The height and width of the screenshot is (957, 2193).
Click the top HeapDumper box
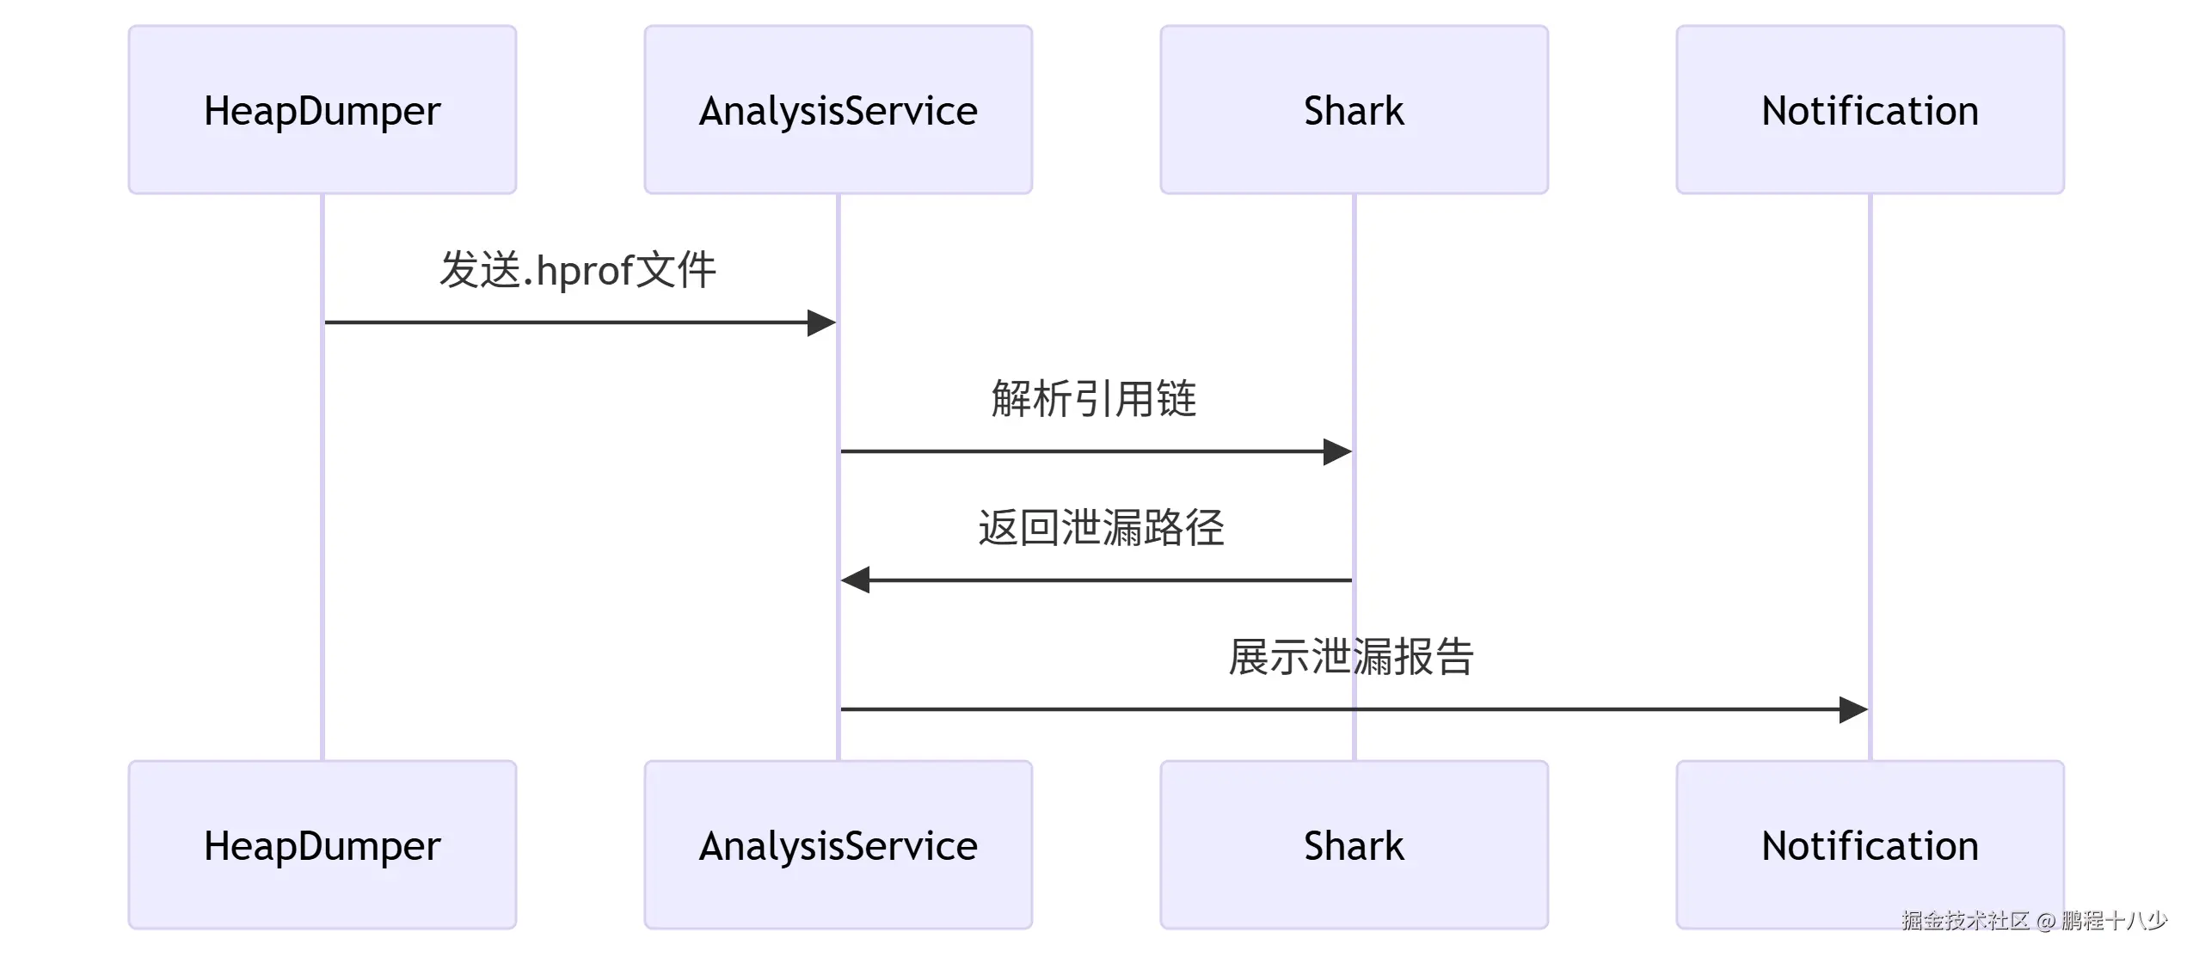[x=322, y=110]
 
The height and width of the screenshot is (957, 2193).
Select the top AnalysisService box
[x=838, y=110]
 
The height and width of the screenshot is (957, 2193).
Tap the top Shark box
[x=1354, y=110]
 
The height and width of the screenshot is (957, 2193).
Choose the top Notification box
[x=1870, y=110]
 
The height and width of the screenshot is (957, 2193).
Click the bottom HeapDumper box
[x=322, y=844]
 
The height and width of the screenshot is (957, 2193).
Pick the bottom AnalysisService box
[x=838, y=844]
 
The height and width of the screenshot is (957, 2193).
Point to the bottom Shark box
[x=1354, y=844]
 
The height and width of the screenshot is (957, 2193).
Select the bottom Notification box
[x=1870, y=844]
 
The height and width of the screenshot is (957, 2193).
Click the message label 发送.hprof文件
[x=577, y=270]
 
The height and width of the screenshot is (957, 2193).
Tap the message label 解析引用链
[x=1094, y=399]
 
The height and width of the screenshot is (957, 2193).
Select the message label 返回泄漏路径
[x=1101, y=528]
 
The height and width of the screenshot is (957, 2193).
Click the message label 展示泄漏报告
[x=1351, y=657]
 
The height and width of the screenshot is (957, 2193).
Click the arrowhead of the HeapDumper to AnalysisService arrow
[x=821, y=323]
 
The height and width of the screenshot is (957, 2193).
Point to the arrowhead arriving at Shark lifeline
[x=1337, y=451]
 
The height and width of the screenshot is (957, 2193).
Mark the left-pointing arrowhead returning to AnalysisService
[x=856, y=580]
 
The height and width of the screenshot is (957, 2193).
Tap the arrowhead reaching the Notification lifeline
[x=1853, y=710]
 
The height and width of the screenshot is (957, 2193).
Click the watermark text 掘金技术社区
[x=1965, y=921]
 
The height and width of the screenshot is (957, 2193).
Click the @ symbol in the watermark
[x=2046, y=922]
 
